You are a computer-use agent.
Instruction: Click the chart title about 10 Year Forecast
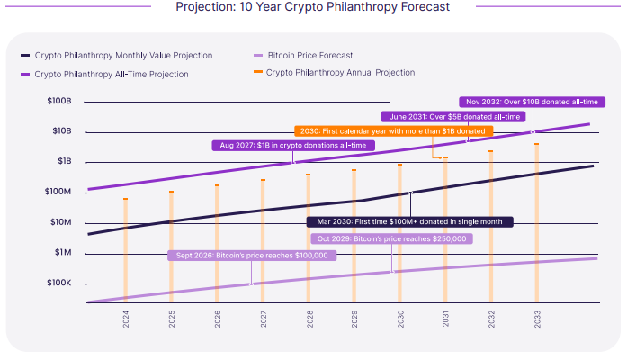point(313,8)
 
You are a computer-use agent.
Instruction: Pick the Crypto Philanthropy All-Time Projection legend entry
point(112,74)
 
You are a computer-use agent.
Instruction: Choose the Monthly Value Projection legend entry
point(123,56)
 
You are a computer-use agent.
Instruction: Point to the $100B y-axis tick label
point(58,102)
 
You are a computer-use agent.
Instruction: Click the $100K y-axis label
point(58,283)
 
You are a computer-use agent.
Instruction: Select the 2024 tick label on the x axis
point(125,319)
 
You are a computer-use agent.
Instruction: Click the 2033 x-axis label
point(537,319)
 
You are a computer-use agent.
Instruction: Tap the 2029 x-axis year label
point(354,319)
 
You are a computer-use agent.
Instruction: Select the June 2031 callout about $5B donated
point(455,116)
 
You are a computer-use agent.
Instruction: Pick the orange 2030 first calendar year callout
point(393,130)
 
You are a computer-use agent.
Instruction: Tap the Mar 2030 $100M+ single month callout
point(409,221)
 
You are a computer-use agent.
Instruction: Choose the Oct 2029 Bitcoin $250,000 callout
point(391,238)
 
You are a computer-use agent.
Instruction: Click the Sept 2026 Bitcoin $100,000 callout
point(251,256)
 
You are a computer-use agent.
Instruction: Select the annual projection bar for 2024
point(125,249)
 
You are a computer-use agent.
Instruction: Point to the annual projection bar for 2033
point(537,222)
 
